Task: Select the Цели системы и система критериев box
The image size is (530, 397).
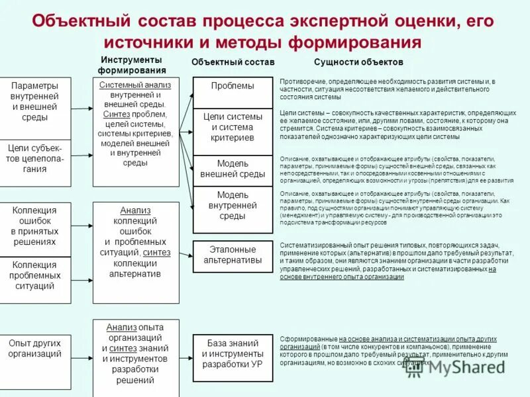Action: point(232,127)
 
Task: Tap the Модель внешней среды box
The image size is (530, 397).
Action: point(232,169)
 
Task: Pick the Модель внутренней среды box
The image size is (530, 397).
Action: point(232,206)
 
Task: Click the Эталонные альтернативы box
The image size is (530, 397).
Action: point(232,255)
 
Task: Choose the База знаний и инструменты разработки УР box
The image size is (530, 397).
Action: point(232,358)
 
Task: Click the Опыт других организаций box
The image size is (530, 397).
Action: point(34,348)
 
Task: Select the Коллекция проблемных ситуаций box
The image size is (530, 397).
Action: point(34,275)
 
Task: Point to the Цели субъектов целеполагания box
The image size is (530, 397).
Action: point(34,158)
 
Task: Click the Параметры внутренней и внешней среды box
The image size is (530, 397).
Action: point(34,101)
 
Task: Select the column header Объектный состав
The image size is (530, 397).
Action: point(233,62)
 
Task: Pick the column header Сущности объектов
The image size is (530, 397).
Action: point(358,62)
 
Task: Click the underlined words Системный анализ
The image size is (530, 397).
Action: point(135,85)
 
